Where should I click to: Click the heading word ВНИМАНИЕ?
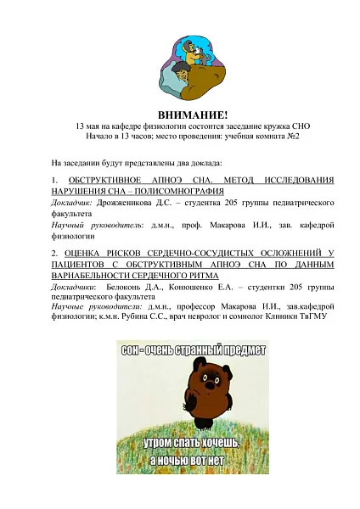(x=181, y=115)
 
